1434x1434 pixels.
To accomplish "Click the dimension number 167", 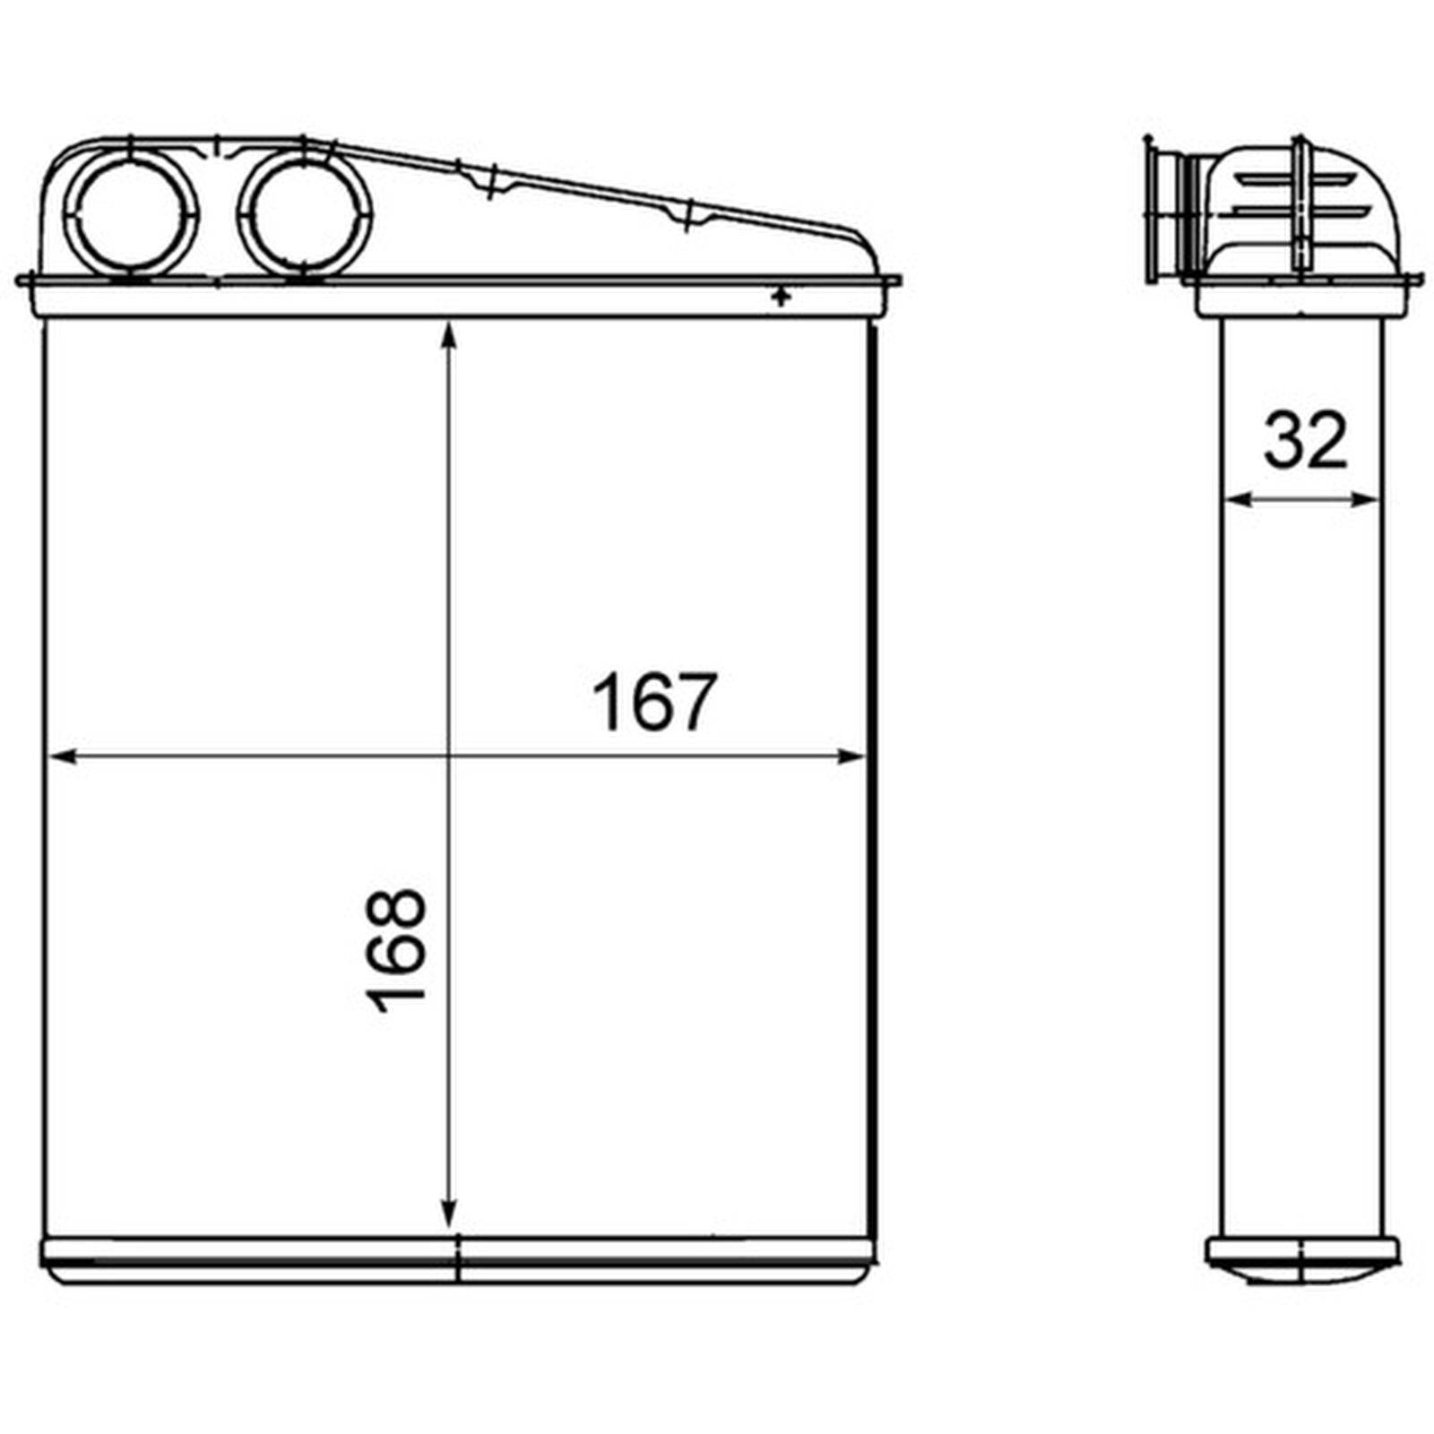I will [654, 702].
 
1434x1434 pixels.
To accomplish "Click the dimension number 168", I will [397, 950].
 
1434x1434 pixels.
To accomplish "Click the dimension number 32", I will [1305, 440].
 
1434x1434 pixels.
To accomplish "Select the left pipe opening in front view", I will [131, 213].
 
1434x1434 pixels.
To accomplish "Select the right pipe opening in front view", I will [305, 213].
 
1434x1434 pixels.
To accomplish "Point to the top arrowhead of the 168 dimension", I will [449, 335].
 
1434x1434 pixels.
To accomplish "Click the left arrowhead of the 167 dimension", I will [59, 757].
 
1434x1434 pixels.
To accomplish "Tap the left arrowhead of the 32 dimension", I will [1233, 500].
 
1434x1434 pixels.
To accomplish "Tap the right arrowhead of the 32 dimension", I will [1369, 500].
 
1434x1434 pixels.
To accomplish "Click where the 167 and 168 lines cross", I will [449, 757].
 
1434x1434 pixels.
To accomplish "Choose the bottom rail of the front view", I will [457, 1260].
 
